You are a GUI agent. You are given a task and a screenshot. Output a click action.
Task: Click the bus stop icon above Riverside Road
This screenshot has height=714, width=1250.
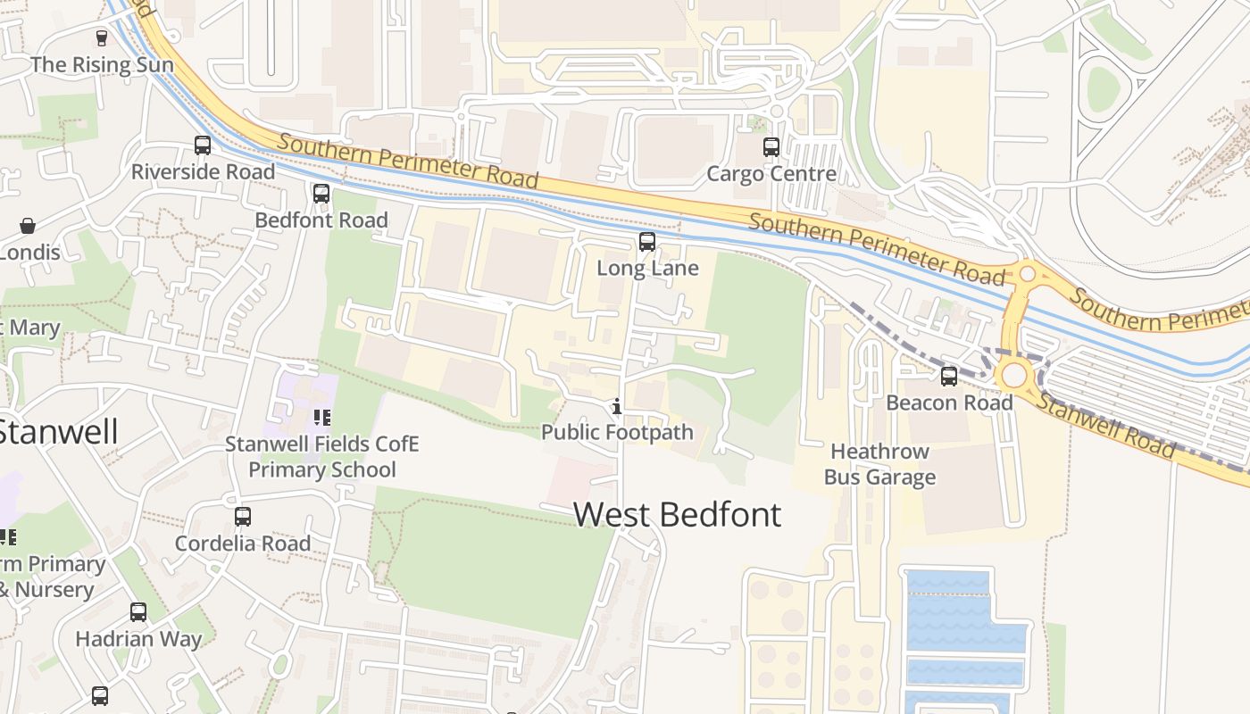point(203,145)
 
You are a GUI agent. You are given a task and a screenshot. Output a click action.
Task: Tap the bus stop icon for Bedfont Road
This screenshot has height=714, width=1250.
point(321,193)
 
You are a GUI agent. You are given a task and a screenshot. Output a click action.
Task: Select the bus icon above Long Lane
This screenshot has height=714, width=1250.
point(647,241)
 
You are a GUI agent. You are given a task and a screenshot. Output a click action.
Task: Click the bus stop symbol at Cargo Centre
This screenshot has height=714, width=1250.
point(771,146)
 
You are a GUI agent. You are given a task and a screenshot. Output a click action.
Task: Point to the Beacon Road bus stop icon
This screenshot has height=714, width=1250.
point(948,376)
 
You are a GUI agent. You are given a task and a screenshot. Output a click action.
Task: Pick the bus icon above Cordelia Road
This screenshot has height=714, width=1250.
point(242,516)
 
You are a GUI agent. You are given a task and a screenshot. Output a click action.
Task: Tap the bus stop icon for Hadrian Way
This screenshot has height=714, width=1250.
point(137,611)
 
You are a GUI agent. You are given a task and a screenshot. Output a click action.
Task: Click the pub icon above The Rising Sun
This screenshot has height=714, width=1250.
point(102,37)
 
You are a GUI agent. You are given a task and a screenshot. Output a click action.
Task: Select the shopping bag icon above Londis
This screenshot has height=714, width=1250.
point(28,226)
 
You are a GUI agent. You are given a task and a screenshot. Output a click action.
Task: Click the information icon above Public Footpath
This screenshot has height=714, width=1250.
point(616,407)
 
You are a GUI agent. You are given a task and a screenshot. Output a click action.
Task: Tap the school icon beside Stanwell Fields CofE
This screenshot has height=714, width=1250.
point(321,417)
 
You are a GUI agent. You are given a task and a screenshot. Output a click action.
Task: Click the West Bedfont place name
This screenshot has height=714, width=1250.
point(677,515)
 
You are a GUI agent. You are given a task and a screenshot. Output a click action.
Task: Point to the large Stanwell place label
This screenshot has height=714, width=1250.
point(57,431)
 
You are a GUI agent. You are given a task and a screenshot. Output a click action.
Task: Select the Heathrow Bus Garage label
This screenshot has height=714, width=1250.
point(879,464)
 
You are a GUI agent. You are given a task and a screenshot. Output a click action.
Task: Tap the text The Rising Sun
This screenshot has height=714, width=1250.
point(102,64)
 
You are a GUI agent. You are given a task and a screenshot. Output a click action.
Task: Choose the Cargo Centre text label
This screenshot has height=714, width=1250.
point(771,173)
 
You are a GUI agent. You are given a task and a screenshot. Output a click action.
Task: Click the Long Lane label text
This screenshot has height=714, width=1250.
point(647,268)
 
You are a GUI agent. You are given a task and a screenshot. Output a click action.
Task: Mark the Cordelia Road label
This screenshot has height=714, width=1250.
point(242,543)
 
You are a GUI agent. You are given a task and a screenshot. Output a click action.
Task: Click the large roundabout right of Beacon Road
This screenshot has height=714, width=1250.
point(1015,374)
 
